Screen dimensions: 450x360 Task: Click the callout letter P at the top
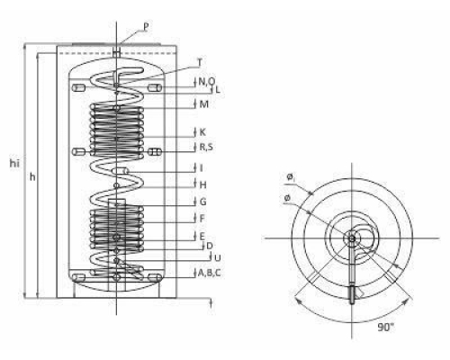point(146,27)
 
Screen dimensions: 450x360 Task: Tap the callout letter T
point(200,62)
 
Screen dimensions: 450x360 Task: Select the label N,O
point(207,81)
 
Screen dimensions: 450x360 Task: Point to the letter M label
point(203,104)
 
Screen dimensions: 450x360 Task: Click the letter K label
point(202,132)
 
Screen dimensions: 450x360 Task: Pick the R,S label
point(206,147)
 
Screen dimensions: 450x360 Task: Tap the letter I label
point(202,168)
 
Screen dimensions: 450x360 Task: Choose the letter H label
point(203,184)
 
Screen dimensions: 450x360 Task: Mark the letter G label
point(203,202)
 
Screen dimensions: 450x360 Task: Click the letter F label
point(202,219)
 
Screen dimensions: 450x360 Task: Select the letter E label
point(202,236)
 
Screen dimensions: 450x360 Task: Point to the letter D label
point(210,246)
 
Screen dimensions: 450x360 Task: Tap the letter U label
point(218,257)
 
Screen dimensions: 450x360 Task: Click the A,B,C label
point(210,273)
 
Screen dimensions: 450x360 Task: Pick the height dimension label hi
point(14,164)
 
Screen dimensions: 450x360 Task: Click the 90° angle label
point(385,327)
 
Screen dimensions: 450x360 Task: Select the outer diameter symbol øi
point(291,177)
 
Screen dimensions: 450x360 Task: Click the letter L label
point(218,89)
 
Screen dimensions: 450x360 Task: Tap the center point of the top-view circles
point(352,238)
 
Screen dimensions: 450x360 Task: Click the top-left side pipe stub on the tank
point(78,88)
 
